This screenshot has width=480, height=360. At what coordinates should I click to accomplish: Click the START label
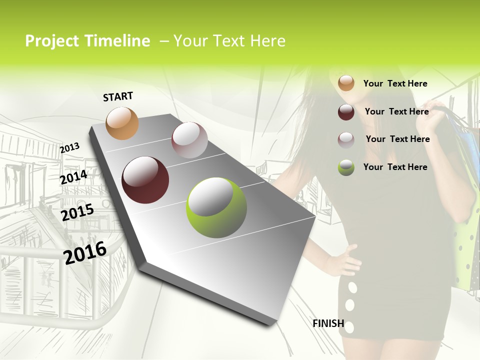pyautogui.click(x=118, y=96)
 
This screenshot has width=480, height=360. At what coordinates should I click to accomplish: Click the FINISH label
pyautogui.click(x=328, y=323)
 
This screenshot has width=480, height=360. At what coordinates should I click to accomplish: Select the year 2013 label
pyautogui.click(x=70, y=147)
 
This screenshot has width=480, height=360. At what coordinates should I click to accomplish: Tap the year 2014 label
pyautogui.click(x=73, y=177)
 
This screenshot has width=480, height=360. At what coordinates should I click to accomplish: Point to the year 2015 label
pyautogui.click(x=77, y=212)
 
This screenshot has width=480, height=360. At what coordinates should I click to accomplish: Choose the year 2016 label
pyautogui.click(x=85, y=252)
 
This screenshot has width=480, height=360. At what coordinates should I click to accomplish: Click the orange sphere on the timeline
pyautogui.click(x=122, y=123)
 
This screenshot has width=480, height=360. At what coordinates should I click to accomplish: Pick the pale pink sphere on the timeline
pyautogui.click(x=189, y=140)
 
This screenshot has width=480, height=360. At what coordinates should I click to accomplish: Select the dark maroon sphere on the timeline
pyautogui.click(x=145, y=180)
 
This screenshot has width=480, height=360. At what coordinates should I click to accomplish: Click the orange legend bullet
pyautogui.click(x=346, y=83)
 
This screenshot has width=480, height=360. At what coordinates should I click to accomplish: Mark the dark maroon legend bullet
pyautogui.click(x=346, y=112)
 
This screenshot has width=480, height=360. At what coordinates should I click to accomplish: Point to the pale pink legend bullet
pyautogui.click(x=346, y=139)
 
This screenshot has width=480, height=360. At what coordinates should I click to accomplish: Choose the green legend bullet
pyautogui.click(x=346, y=167)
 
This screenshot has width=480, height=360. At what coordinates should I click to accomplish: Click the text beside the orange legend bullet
pyautogui.click(x=395, y=83)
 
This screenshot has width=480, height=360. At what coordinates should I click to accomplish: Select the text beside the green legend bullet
pyautogui.click(x=395, y=167)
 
